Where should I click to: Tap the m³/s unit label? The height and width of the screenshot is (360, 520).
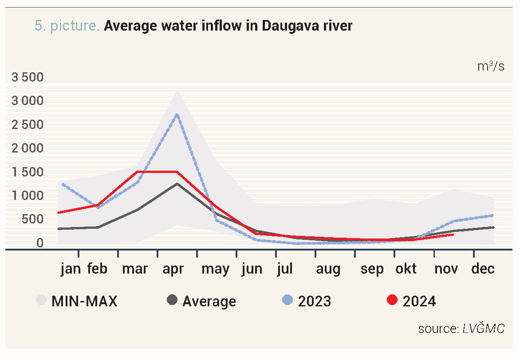tap(491, 67)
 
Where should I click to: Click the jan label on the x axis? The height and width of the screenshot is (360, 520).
tap(71, 269)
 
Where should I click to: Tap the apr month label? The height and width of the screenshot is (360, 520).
tap(173, 269)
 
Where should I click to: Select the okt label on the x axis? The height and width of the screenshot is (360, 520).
tap(406, 269)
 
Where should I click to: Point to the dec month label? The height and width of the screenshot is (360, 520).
tap(483, 269)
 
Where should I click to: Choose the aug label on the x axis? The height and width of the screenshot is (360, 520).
tap(328, 269)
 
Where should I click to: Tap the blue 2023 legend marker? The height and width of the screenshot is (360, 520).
tap(288, 301)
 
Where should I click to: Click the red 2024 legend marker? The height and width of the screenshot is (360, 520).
tap(392, 301)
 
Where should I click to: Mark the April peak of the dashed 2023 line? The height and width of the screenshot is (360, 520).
tap(177, 115)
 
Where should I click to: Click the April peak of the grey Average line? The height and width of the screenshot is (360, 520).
tap(177, 184)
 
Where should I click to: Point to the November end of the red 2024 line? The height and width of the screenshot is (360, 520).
tap(453, 235)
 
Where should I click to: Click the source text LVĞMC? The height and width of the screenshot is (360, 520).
tap(483, 329)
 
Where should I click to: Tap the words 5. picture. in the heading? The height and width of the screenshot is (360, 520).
tap(67, 26)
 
